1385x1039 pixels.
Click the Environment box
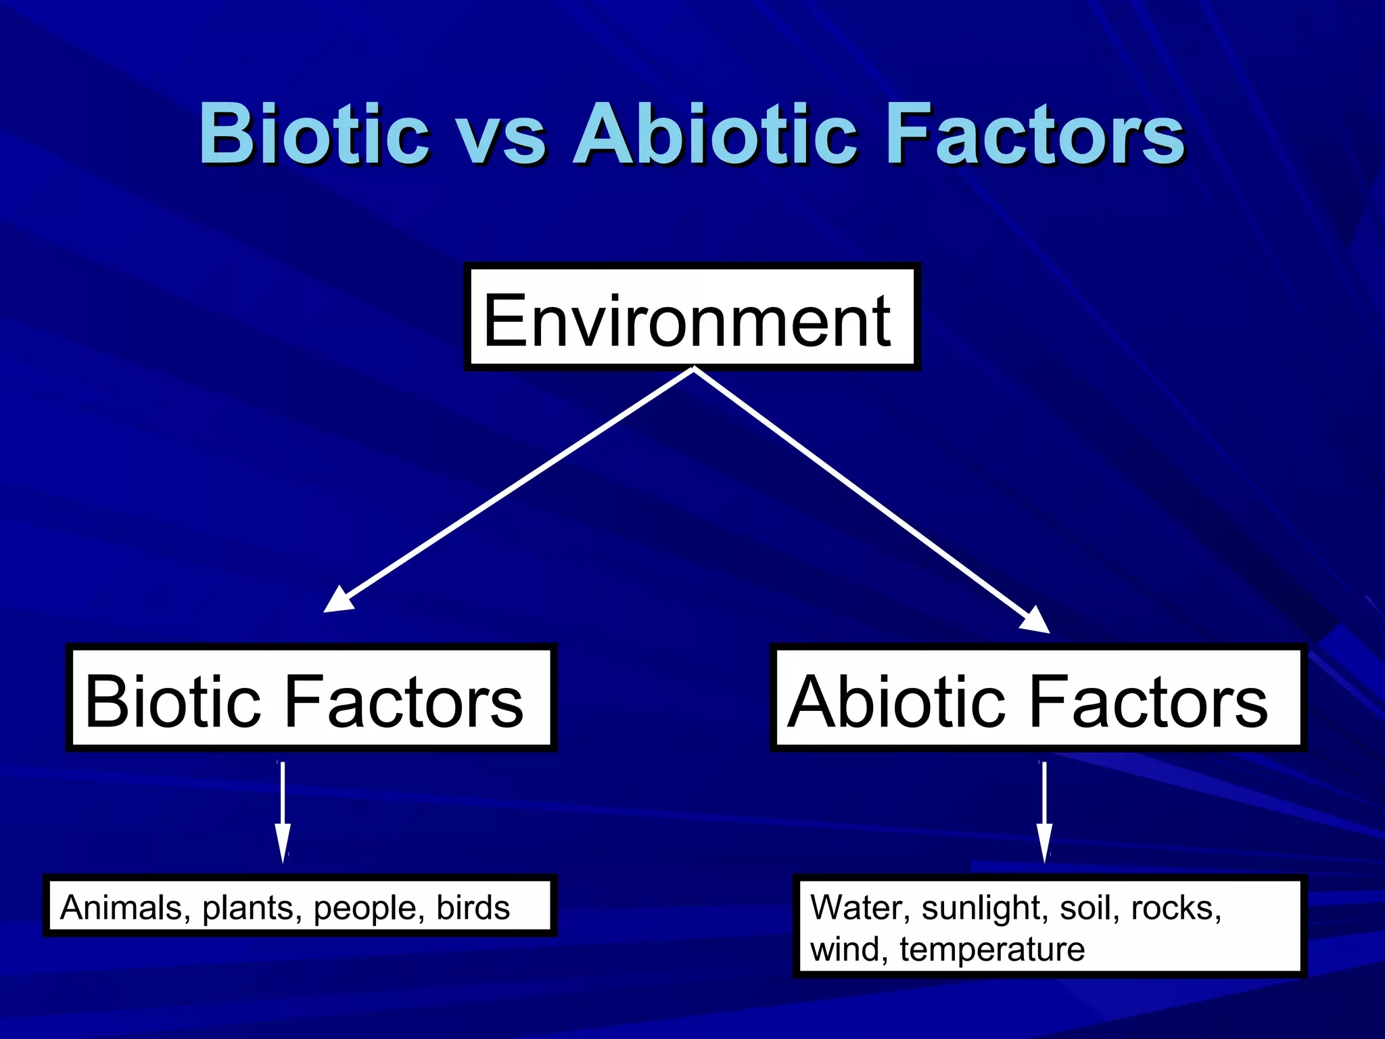(x=691, y=318)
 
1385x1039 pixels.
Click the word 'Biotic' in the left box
(x=172, y=701)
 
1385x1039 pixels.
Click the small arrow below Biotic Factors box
(x=283, y=812)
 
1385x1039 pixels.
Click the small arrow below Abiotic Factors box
(x=1045, y=812)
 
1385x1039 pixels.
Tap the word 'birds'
(x=473, y=908)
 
